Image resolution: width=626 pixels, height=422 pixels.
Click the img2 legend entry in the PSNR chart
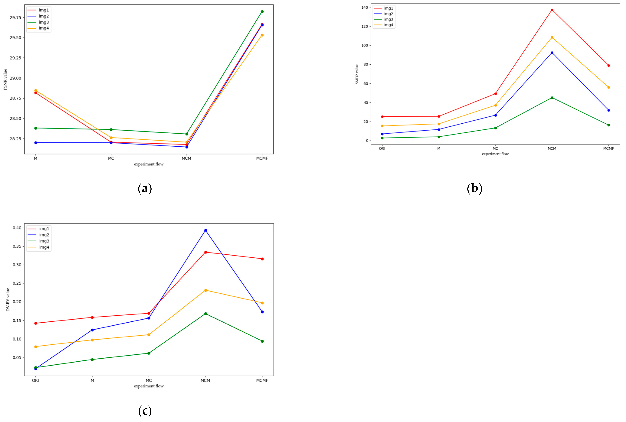click(x=44, y=16)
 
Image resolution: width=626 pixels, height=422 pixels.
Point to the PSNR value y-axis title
click(x=5, y=79)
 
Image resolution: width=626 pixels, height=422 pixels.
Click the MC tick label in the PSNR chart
click(x=111, y=158)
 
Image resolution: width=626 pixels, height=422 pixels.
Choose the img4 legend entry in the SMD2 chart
click(x=388, y=25)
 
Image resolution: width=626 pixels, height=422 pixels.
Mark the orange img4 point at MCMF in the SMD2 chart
click(x=608, y=87)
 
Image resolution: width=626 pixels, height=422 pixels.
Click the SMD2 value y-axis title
click(x=357, y=74)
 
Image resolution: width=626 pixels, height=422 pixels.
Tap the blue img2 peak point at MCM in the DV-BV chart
click(x=205, y=230)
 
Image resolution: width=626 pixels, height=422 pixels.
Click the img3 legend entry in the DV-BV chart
click(x=44, y=241)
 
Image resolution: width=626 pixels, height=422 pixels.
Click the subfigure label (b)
click(x=474, y=188)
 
